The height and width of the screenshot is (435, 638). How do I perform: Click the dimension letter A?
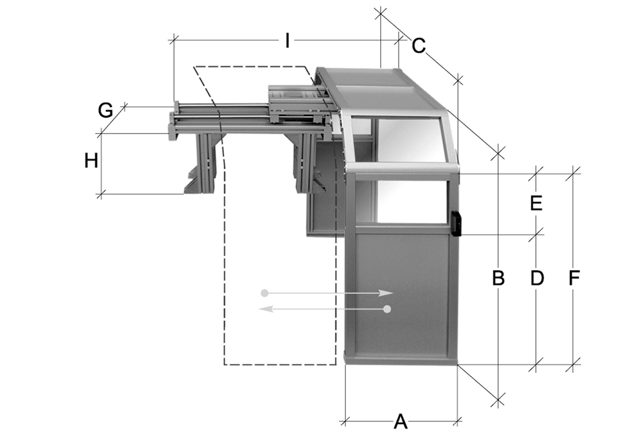pyautogui.click(x=401, y=422)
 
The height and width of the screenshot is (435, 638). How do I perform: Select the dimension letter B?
pyautogui.click(x=498, y=278)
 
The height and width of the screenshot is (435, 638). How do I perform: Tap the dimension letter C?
pyautogui.click(x=419, y=46)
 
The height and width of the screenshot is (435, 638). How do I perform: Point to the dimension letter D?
pyautogui.click(x=537, y=278)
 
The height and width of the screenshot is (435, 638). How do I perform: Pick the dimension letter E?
pyautogui.click(x=536, y=203)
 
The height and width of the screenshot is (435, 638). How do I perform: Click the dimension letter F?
pyautogui.click(x=574, y=278)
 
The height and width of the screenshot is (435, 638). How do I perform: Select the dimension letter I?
pyautogui.click(x=288, y=41)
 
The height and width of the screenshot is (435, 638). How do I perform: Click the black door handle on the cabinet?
pyautogui.click(x=456, y=223)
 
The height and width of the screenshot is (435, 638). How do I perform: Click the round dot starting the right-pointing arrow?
pyautogui.click(x=265, y=293)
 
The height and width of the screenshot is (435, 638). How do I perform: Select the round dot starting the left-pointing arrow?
pyautogui.click(x=387, y=309)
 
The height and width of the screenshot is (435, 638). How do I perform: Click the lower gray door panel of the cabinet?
pyautogui.click(x=401, y=293)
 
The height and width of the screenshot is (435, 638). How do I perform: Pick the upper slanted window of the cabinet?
pyautogui.click(x=408, y=140)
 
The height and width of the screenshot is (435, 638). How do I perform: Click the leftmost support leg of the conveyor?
pyautogui.click(x=205, y=163)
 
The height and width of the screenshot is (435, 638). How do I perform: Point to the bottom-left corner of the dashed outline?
pyautogui.click(x=224, y=365)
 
